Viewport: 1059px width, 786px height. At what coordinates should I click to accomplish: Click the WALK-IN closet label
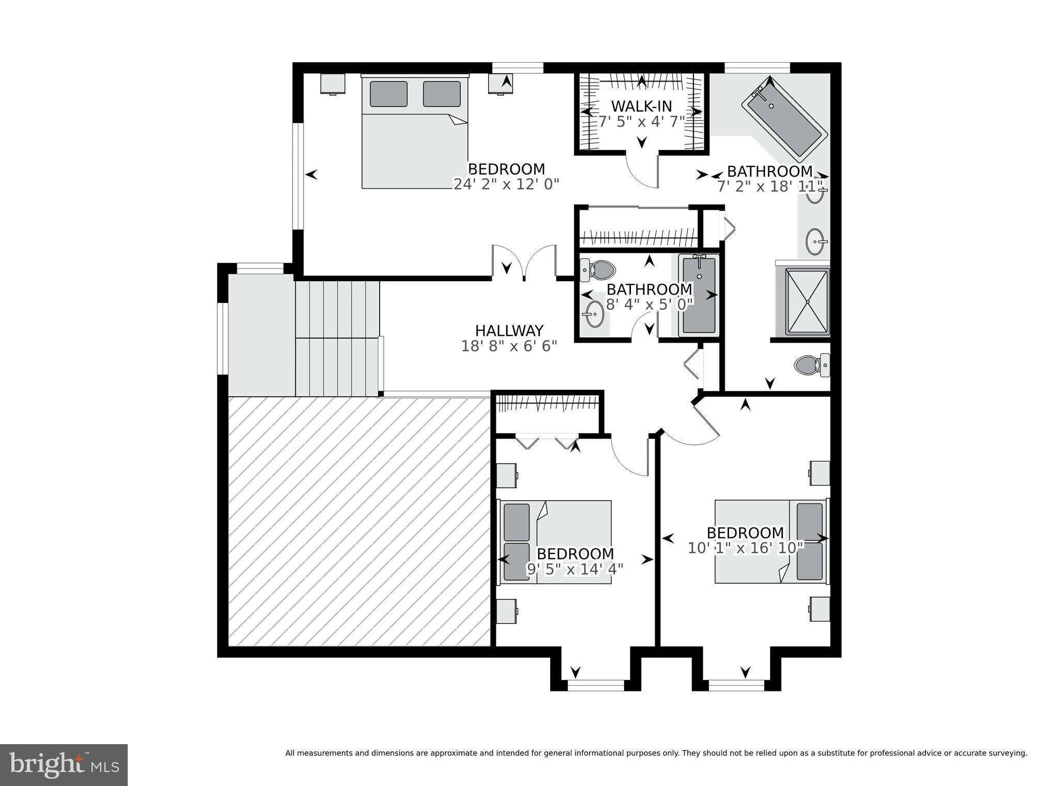click(x=641, y=106)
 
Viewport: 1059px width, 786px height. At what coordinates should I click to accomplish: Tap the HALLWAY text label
click(x=509, y=331)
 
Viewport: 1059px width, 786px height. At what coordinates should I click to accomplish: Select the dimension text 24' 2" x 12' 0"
click(x=506, y=184)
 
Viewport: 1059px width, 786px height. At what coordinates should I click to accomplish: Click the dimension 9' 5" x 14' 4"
click(x=575, y=569)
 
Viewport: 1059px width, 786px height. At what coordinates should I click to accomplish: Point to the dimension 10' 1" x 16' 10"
click(x=745, y=548)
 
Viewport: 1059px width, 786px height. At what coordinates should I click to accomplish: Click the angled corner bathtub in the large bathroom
click(x=783, y=122)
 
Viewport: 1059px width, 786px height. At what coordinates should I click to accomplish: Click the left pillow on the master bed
click(x=388, y=94)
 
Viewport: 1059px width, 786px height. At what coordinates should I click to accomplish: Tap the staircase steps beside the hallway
click(x=337, y=338)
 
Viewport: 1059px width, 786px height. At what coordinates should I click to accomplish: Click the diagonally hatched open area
click(x=359, y=521)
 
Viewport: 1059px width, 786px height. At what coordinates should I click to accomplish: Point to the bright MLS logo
click(x=64, y=765)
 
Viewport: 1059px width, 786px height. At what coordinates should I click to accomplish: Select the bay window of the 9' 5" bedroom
click(x=596, y=685)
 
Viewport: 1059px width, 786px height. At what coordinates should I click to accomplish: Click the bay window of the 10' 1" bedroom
click(x=736, y=685)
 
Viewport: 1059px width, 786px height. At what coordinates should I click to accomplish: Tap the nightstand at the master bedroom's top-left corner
click(x=332, y=84)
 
